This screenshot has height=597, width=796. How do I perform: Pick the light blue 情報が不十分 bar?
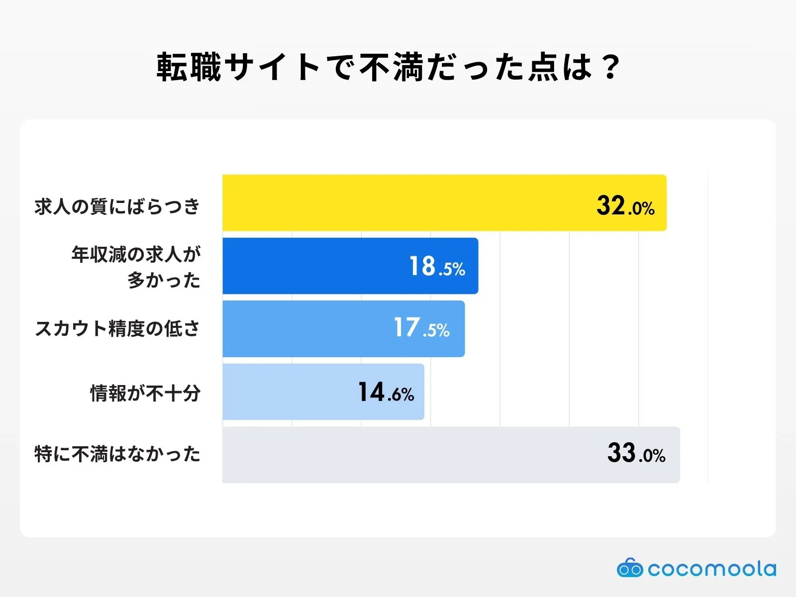[289, 392]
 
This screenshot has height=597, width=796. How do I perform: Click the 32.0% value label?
[625, 206]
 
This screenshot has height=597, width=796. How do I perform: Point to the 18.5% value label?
[437, 267]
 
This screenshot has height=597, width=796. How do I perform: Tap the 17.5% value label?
[421, 328]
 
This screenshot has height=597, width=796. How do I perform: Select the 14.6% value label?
[386, 393]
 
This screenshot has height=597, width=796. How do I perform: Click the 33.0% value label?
[636, 454]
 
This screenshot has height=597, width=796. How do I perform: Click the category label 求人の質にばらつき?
[117, 206]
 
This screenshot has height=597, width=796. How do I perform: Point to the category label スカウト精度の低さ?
[117, 329]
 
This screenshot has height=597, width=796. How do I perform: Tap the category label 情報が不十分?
[145, 393]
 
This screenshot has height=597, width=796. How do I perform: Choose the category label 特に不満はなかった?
[117, 454]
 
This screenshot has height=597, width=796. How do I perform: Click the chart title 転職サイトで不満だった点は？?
[388, 67]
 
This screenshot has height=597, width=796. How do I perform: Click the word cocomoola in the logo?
[711, 569]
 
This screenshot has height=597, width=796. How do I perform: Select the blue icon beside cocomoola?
[630, 568]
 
